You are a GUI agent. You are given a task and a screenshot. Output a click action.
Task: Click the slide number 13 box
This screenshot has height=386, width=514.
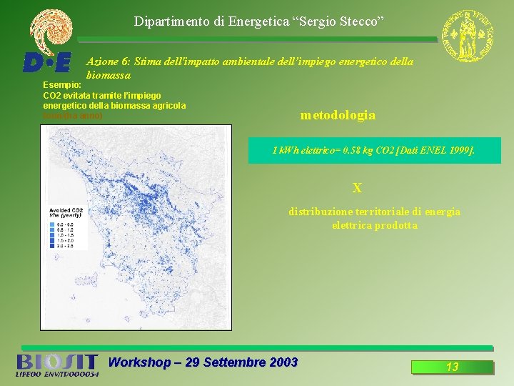(452, 367)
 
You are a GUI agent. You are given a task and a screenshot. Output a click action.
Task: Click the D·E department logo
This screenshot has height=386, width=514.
(47, 62)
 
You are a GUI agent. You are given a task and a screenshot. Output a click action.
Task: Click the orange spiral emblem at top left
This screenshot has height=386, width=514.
(51, 31)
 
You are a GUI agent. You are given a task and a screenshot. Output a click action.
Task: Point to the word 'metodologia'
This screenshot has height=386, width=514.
(338, 115)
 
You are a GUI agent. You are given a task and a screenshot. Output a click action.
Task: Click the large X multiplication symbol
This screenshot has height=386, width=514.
(357, 189)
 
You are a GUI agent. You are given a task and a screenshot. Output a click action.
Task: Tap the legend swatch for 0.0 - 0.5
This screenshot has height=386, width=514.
(53, 224)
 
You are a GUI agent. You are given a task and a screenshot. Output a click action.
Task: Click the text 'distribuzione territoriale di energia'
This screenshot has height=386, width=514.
(374, 212)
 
